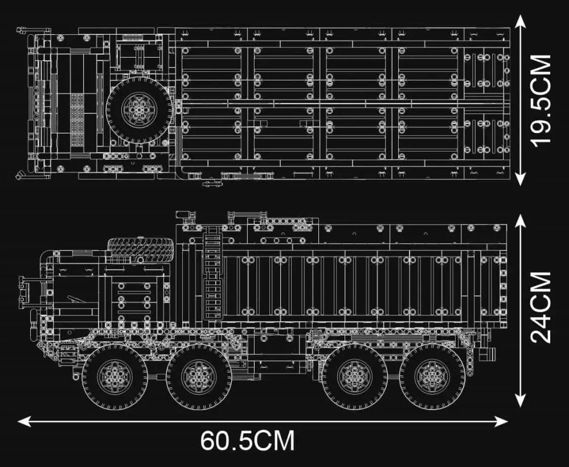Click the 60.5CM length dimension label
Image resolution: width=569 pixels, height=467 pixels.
coord(247,441)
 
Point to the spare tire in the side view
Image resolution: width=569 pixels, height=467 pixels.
coord(140,249)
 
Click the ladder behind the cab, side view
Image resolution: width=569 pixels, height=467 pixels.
coord(212,274)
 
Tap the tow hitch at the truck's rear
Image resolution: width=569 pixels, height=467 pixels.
coord(489,353)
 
